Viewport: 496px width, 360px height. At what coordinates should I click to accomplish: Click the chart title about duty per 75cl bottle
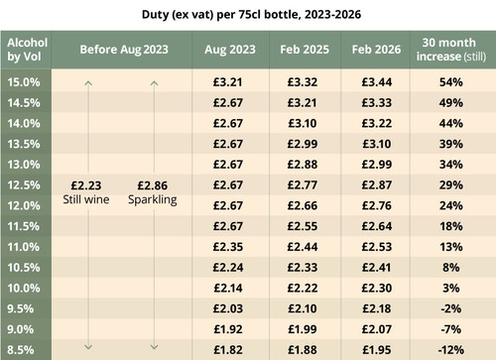pyautogui.click(x=248, y=15)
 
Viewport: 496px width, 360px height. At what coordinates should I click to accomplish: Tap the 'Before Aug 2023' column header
pyautogui.click(x=122, y=49)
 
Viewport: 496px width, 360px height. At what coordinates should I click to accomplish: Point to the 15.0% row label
pyautogui.click(x=23, y=80)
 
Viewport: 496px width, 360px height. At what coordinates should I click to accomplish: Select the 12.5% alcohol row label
pyautogui.click(x=23, y=184)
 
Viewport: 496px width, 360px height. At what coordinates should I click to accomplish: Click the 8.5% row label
pyautogui.click(x=23, y=350)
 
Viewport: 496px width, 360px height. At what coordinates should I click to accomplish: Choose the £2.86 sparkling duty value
pyautogui.click(x=154, y=184)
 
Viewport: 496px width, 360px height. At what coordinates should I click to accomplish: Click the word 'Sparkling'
pyautogui.click(x=154, y=200)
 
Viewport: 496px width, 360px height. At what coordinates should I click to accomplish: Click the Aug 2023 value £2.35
pyautogui.click(x=229, y=247)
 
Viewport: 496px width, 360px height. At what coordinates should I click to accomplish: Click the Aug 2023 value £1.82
pyautogui.click(x=229, y=350)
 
